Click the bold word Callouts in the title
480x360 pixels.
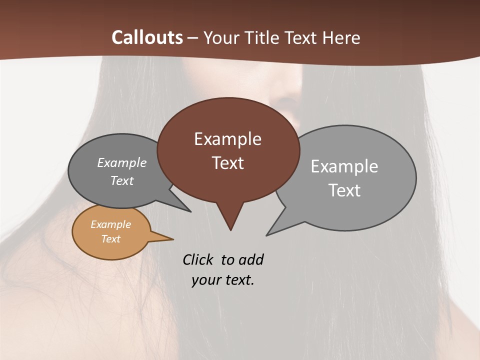pyautogui.click(x=147, y=37)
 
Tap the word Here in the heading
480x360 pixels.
pyautogui.click(x=341, y=37)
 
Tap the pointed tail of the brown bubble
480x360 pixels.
pyautogui.click(x=230, y=220)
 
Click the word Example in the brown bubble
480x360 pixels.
pyautogui.click(x=227, y=139)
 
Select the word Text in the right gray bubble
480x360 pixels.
pyautogui.click(x=344, y=190)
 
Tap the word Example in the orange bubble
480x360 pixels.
pyautogui.click(x=110, y=224)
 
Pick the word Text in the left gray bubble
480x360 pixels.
pyautogui.click(x=121, y=180)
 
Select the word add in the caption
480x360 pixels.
pyautogui.click(x=250, y=259)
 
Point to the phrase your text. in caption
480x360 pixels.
pyautogui.click(x=223, y=280)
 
